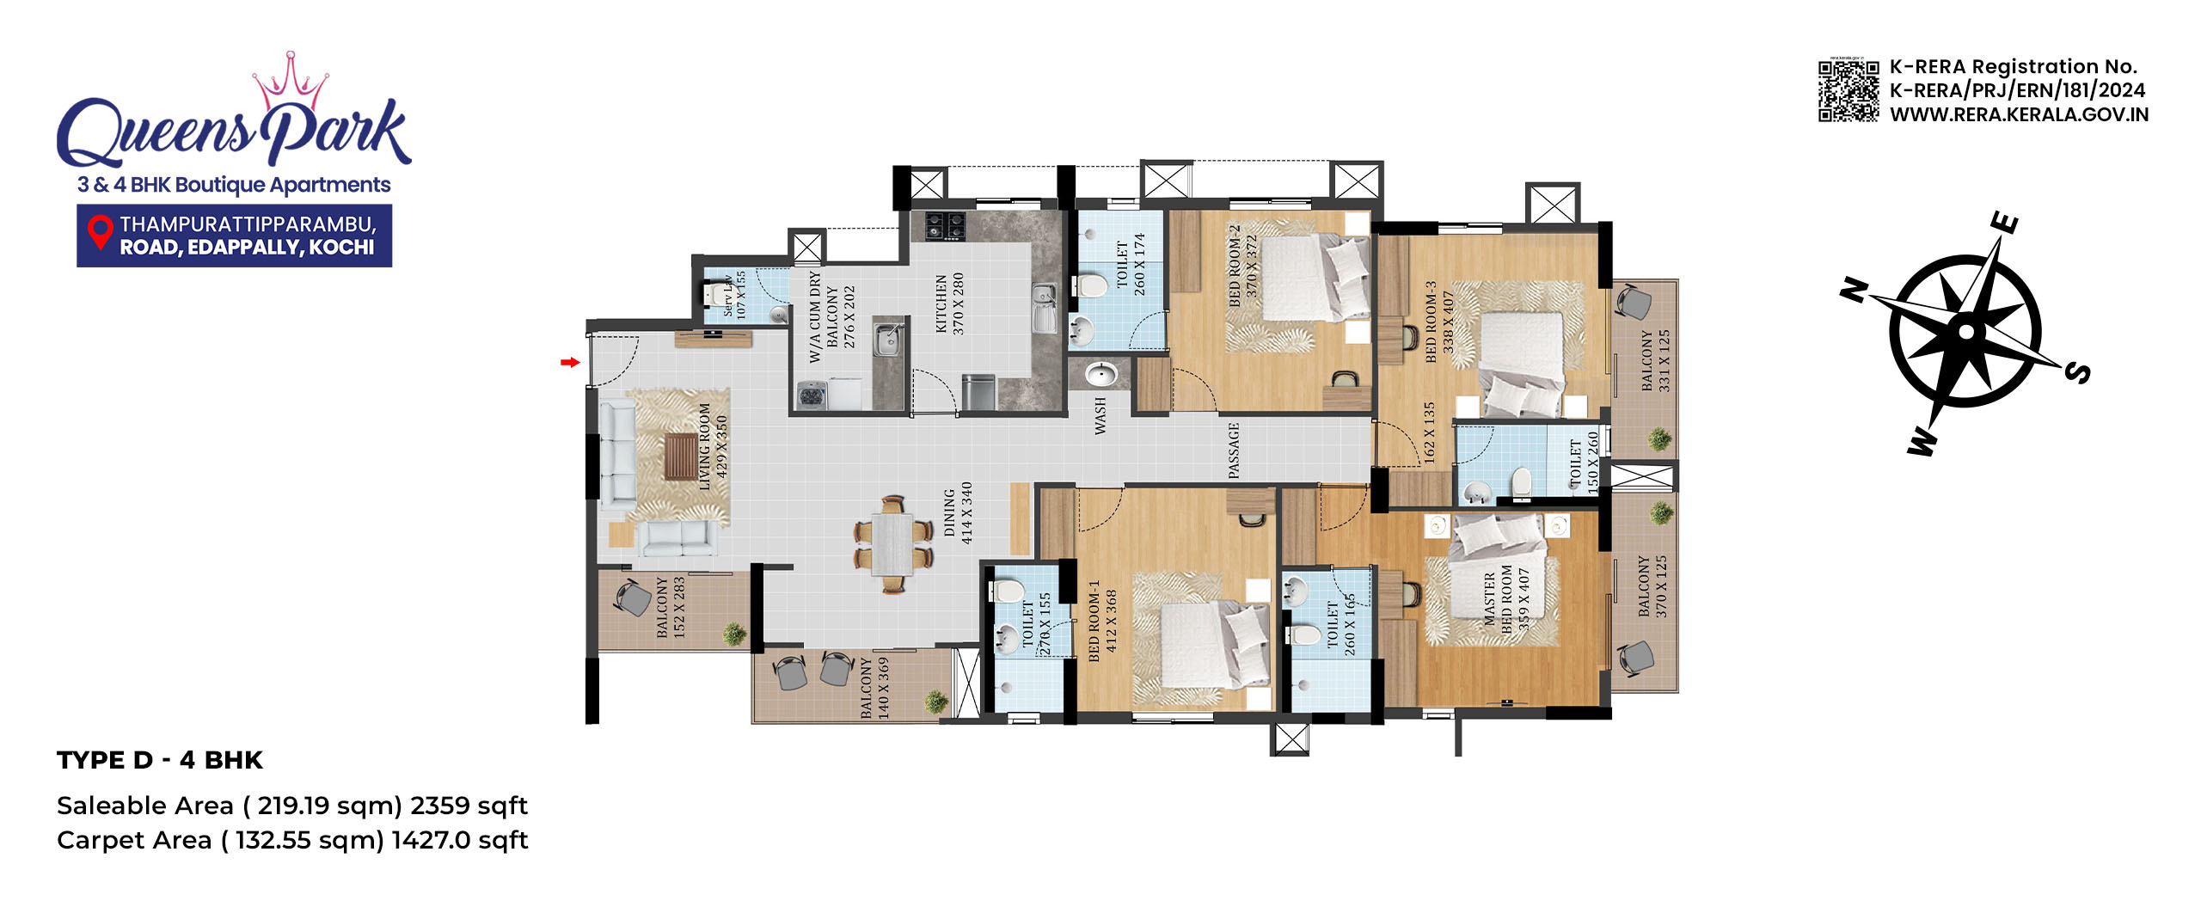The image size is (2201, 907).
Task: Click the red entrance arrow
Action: coord(570,363)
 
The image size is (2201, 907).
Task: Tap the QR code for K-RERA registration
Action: coord(1848,90)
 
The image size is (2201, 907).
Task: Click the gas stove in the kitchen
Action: coord(944,226)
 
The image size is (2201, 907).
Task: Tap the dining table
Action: coord(892,543)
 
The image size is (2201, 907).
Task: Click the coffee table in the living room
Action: coord(681,456)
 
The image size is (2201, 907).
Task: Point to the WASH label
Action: coord(1100,415)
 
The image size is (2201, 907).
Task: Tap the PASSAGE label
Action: coord(1234,450)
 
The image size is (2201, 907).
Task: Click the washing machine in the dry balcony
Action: coord(812,395)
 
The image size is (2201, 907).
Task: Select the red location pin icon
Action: coord(101,233)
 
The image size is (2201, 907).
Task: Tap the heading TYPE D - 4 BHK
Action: coord(160,760)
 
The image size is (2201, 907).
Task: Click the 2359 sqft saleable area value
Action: coord(469,806)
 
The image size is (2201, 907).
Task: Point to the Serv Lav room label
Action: coord(734,295)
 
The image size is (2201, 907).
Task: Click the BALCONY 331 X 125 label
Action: coord(1655,360)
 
